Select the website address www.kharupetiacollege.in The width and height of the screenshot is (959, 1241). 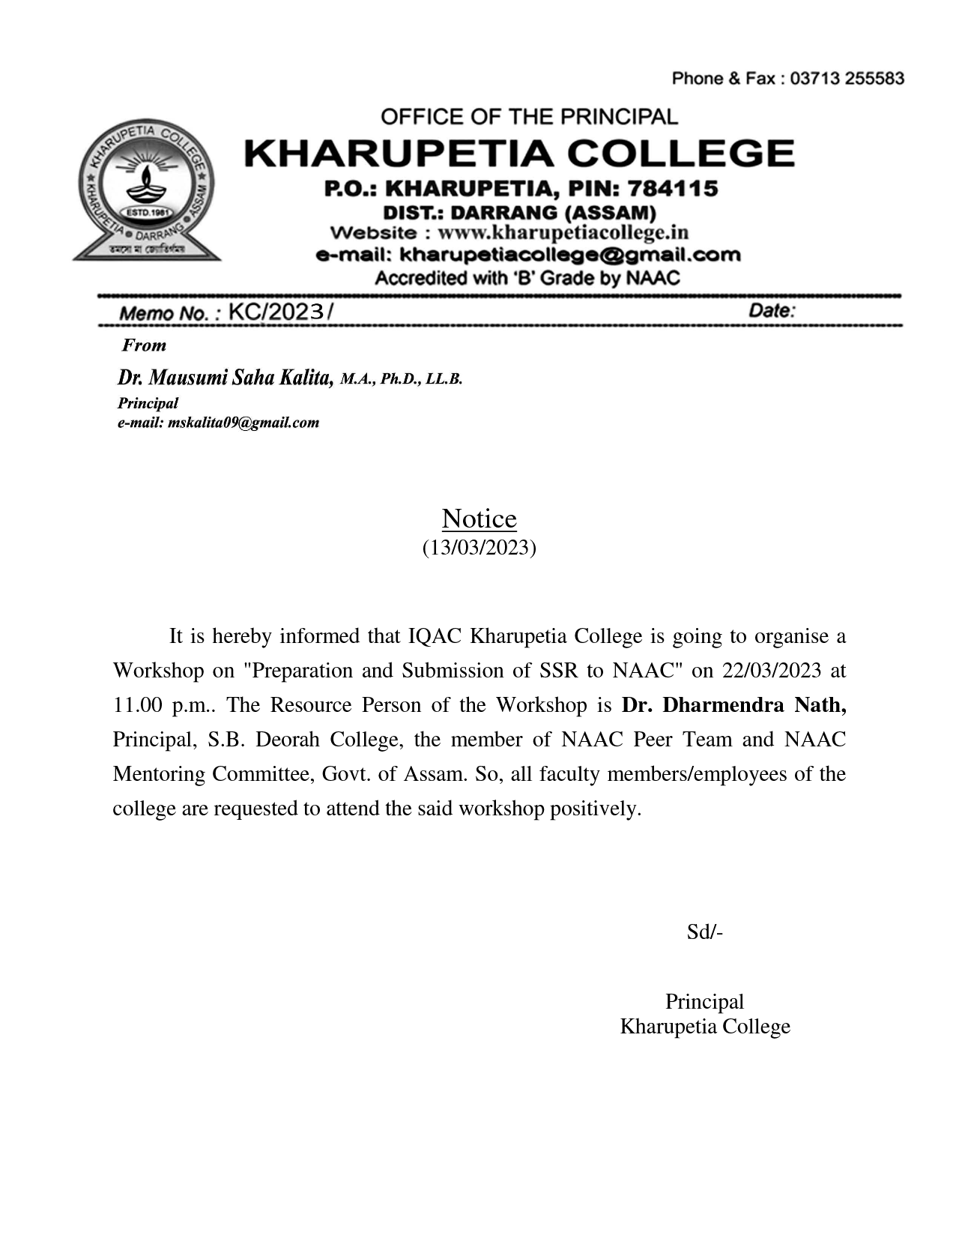click(563, 232)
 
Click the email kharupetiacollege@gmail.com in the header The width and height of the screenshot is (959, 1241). click(569, 255)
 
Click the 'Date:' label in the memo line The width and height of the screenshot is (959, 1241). click(772, 311)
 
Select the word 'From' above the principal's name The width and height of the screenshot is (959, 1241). click(144, 345)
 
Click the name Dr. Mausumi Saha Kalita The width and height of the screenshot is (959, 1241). click(225, 377)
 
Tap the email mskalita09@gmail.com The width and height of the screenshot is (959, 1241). click(243, 423)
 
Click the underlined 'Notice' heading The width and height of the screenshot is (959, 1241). click(479, 519)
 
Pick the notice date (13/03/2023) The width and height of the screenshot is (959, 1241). click(479, 547)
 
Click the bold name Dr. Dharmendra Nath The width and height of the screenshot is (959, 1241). click(733, 704)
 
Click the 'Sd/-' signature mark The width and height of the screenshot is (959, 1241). click(704, 931)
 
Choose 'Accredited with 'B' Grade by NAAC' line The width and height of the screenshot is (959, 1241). click(527, 279)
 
